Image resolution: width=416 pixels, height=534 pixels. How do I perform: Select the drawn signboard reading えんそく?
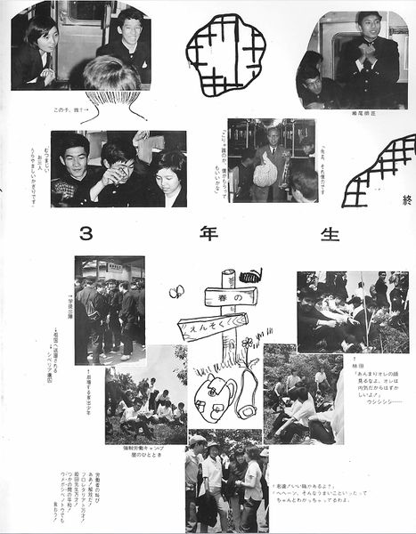click(213, 326)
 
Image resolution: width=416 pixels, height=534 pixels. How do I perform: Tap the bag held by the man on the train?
click(265, 170)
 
